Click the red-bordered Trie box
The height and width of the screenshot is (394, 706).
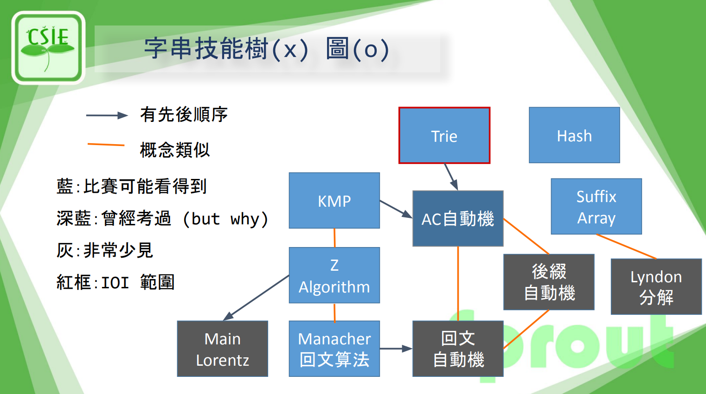click(x=444, y=135)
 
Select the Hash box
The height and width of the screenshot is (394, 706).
click(x=574, y=135)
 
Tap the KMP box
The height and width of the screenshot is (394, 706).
click(x=334, y=201)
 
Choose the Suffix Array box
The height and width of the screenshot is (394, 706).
click(x=596, y=207)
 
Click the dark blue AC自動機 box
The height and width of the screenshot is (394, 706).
click(x=458, y=218)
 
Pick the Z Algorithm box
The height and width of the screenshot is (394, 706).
click(x=334, y=275)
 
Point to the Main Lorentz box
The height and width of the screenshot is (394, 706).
click(x=223, y=349)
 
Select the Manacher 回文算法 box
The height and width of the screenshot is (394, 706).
click(x=334, y=349)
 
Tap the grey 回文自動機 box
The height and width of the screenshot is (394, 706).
click(x=458, y=349)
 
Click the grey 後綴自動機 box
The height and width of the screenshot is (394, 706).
click(x=549, y=282)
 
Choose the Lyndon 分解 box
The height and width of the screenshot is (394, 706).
click(x=656, y=286)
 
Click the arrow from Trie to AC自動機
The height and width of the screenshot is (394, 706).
click(x=451, y=177)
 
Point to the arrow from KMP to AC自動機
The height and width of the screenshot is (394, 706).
click(x=396, y=209)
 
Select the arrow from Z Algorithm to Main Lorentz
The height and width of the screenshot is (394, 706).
click(x=257, y=298)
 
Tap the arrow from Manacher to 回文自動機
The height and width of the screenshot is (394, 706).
click(x=396, y=349)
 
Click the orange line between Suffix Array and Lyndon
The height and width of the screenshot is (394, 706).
click(x=626, y=247)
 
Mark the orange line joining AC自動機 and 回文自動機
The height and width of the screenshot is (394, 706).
click(x=458, y=283)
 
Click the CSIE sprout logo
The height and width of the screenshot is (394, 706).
click(x=48, y=48)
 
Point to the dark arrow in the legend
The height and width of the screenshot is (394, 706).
click(x=107, y=115)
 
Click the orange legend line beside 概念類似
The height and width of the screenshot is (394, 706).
click(x=106, y=145)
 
